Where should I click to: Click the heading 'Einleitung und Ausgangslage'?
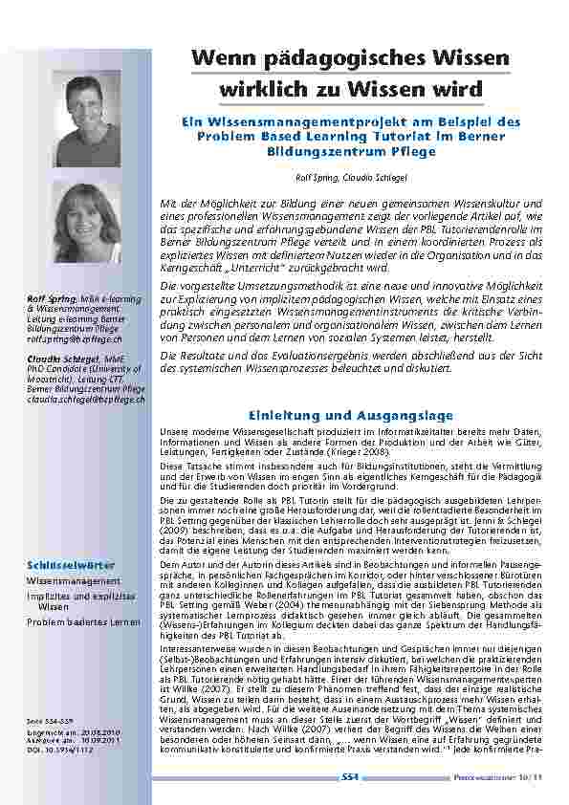point(351,416)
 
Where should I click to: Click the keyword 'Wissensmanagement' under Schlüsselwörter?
point(74,580)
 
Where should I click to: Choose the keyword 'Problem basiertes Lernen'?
point(83,622)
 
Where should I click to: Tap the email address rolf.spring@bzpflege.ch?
point(75,338)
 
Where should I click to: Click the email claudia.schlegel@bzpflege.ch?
point(86,399)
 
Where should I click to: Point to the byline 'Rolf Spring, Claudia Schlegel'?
point(351,178)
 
